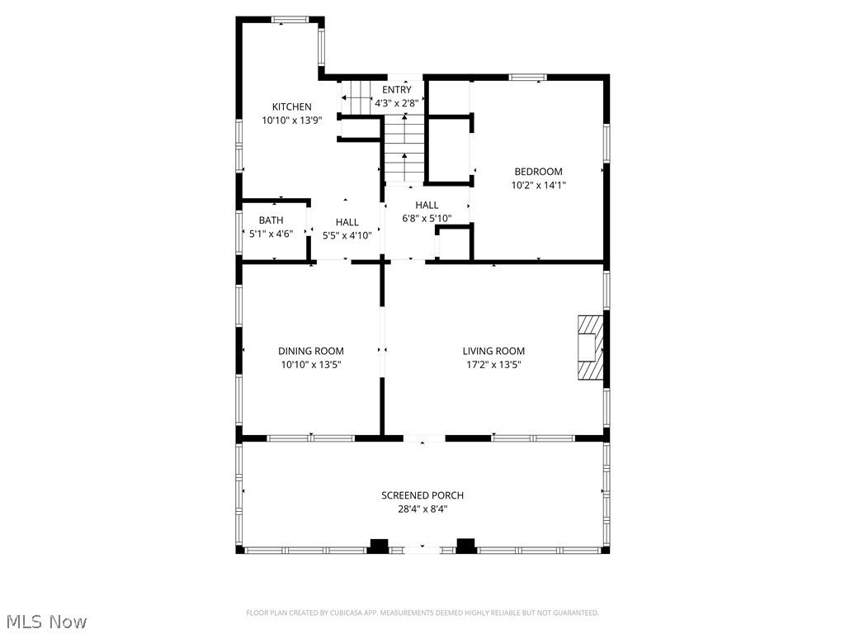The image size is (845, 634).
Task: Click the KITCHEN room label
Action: tap(291, 106)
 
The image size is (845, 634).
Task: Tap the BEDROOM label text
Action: tap(538, 172)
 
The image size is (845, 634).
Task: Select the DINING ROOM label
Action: tap(311, 351)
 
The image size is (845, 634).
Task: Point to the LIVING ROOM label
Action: tap(493, 351)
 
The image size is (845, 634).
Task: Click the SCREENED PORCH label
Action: tap(422, 495)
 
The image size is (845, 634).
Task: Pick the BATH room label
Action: tap(271, 220)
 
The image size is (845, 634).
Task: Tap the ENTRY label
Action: tap(397, 89)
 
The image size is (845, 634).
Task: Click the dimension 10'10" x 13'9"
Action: tap(292, 121)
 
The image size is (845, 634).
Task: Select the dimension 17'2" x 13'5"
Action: tap(493, 364)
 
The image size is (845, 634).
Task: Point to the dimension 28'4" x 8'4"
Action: tap(422, 509)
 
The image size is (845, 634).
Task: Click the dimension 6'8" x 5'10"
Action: tap(427, 218)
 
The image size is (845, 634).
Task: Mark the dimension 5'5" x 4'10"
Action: tap(347, 235)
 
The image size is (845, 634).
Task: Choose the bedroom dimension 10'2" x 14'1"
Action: tap(538, 185)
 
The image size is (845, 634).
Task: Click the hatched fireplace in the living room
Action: tap(590, 348)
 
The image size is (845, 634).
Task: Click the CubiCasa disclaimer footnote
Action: tap(422, 613)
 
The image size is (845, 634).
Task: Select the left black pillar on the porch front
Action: tap(378, 546)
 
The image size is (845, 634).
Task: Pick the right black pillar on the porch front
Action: tap(466, 546)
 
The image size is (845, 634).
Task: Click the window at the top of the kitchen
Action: tap(290, 20)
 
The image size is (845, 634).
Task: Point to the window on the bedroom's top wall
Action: tap(528, 77)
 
